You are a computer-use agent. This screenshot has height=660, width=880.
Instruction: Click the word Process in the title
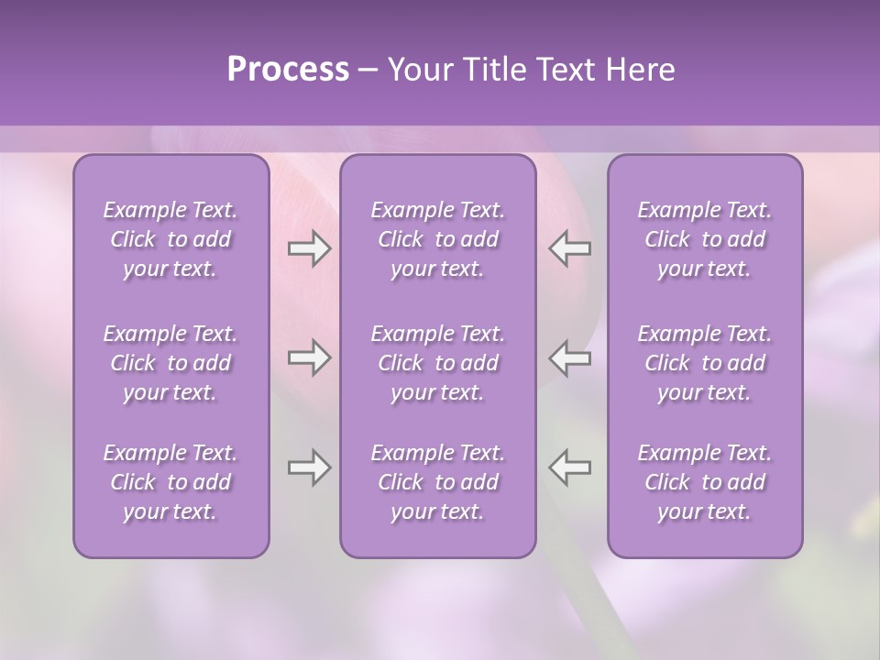[x=288, y=70]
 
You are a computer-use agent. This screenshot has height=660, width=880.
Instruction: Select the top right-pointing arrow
[x=309, y=248]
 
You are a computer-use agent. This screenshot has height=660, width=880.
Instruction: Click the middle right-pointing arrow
[x=309, y=357]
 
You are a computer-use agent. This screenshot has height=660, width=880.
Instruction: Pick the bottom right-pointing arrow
[x=309, y=467]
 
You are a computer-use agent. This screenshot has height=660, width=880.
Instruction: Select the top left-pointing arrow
[x=570, y=248]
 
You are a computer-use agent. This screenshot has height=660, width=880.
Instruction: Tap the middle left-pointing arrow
[x=570, y=357]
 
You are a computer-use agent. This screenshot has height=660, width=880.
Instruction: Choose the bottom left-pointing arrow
[x=570, y=467]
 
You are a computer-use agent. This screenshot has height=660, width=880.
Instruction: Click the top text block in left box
[x=170, y=239]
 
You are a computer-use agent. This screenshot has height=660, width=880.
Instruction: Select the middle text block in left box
[x=170, y=363]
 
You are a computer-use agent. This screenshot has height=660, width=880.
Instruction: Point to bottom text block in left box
[x=170, y=482]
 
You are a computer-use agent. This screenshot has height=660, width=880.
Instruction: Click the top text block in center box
[x=438, y=239]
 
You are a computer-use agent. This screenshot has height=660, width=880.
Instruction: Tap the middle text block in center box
[x=438, y=363]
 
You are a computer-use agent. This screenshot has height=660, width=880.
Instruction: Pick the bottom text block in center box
[x=438, y=482]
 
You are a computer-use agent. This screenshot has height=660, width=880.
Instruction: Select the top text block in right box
[x=705, y=239]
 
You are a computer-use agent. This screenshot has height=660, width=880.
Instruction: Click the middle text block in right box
[x=705, y=363]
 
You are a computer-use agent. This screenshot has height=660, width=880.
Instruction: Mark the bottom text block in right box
[x=705, y=482]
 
